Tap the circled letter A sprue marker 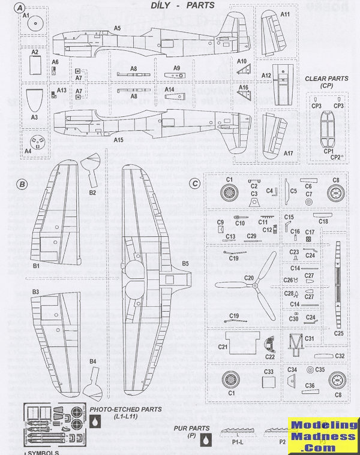(21, 8)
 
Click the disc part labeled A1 (34, 26)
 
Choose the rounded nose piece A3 (34, 100)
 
